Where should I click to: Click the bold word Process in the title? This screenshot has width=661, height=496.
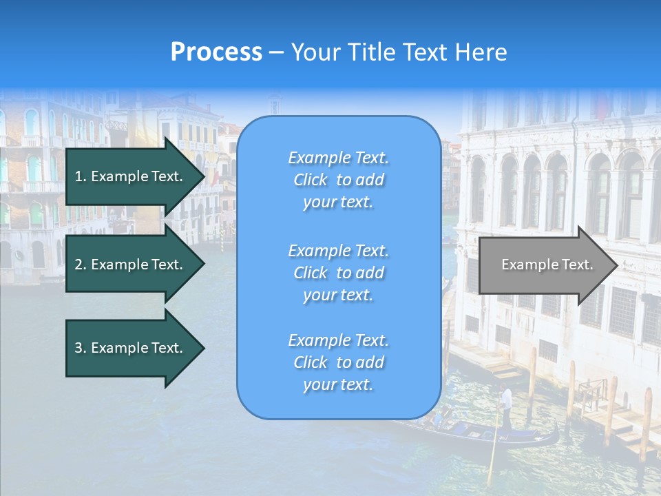pos(216,52)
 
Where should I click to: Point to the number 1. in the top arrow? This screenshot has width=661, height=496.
pos(81,176)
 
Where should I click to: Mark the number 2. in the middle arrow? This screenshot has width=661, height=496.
pos(81,265)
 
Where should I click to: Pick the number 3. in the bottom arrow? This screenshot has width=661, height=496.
pos(81,348)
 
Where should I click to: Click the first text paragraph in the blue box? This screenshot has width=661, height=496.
pos(338,180)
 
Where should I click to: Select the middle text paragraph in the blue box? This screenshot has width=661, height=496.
pos(338,273)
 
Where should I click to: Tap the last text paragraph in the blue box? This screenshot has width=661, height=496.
pos(338,362)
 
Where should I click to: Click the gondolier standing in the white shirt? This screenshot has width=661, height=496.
pos(507,400)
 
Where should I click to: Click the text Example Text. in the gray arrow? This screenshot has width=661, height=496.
pos(547,265)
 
